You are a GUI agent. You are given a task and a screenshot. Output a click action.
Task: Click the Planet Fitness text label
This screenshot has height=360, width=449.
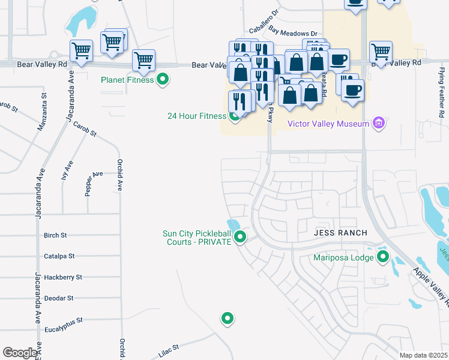point(127,79)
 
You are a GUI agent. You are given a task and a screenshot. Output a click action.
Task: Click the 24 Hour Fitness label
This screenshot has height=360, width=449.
point(196,116)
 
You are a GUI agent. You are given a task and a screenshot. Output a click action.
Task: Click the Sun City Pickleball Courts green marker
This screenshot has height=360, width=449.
point(240,238)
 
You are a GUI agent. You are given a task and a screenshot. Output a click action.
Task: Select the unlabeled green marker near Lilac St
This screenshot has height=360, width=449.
point(227,319)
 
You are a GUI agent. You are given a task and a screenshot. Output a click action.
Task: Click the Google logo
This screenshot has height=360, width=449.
point(20,353)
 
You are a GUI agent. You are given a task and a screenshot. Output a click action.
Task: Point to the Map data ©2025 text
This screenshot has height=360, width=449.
point(423,355)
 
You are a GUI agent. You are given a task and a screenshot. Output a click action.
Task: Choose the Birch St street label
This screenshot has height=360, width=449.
point(55,235)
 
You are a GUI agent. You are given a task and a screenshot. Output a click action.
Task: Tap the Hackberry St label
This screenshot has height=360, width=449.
point(62,277)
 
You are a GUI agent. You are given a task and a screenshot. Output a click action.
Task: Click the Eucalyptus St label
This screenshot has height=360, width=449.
point(63,320)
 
